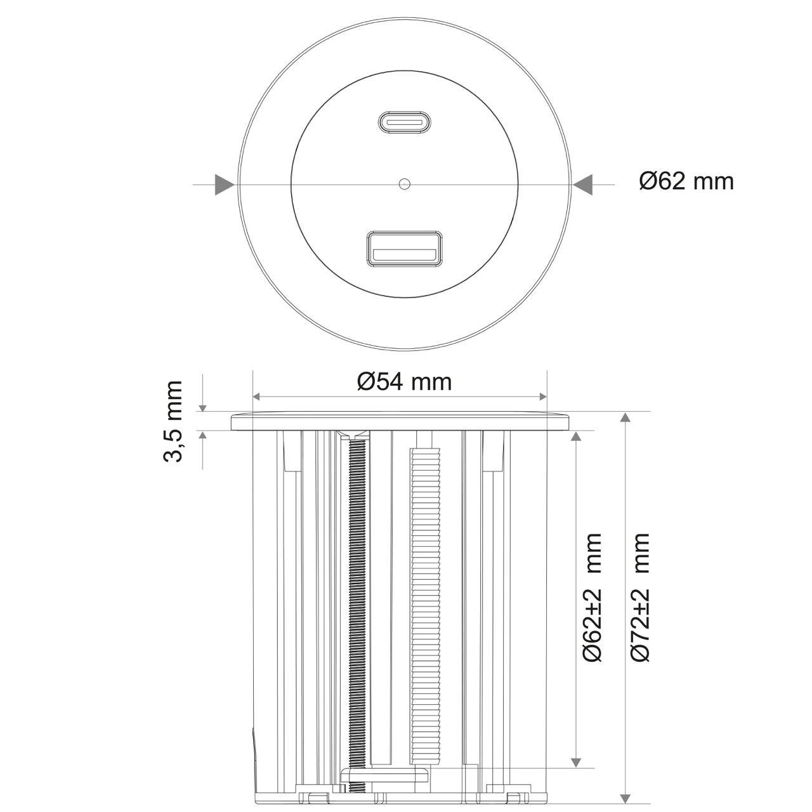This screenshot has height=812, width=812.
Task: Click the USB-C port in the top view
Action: pyautogui.click(x=405, y=122)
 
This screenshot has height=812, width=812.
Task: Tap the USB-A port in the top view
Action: pyautogui.click(x=405, y=249)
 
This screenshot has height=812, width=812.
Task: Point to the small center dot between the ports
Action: pyautogui.click(x=405, y=184)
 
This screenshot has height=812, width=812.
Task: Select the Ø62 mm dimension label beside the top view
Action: pyautogui.click(x=686, y=181)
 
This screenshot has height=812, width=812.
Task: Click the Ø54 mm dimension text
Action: pyautogui.click(x=405, y=382)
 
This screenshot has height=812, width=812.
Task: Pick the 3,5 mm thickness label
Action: pyautogui.click(x=173, y=421)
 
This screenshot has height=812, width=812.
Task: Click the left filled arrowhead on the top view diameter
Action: pyautogui.click(x=225, y=185)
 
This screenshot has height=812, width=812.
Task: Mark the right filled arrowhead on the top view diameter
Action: pyautogui.click(x=583, y=185)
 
